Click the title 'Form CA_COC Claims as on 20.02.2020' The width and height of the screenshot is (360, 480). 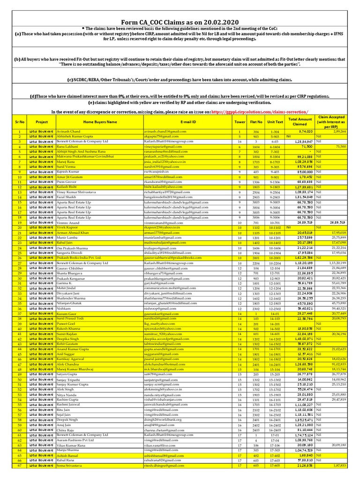[x=180, y=22]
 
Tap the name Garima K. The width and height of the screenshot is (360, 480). [x=65, y=257]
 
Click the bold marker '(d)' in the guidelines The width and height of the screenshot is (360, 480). [x=33, y=96]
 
